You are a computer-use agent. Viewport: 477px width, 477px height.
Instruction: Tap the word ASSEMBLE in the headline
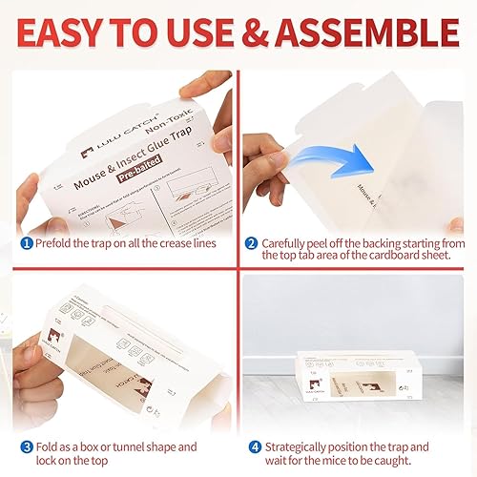(366, 34)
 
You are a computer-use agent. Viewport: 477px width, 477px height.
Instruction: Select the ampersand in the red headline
(258, 34)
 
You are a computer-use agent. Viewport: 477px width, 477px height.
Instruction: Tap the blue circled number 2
(251, 243)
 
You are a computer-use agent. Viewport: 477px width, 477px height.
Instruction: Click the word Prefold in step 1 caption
(54, 243)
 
